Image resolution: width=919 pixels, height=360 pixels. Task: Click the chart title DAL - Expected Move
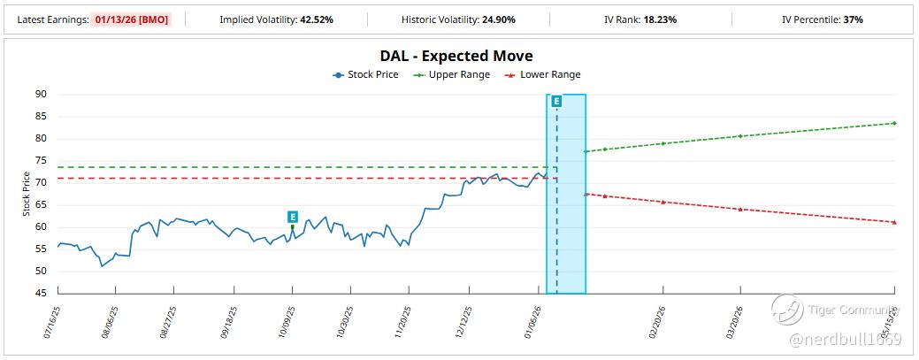[x=456, y=57]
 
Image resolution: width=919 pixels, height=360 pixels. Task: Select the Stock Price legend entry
[x=365, y=75]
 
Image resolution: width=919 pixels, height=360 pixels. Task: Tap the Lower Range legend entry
[x=542, y=75]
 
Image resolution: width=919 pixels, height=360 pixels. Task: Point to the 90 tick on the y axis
[x=41, y=95]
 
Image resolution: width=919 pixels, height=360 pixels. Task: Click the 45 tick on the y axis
[x=41, y=293]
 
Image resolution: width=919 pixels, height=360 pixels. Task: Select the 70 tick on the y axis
[x=41, y=183]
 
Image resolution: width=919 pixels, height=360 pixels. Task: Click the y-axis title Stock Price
[x=27, y=195]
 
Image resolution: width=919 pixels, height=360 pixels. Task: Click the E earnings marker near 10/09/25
[x=293, y=217]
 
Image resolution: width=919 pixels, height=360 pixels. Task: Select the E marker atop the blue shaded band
[x=556, y=102]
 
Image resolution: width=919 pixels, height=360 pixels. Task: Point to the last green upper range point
[x=894, y=123]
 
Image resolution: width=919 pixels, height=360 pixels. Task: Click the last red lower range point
[x=894, y=222]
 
